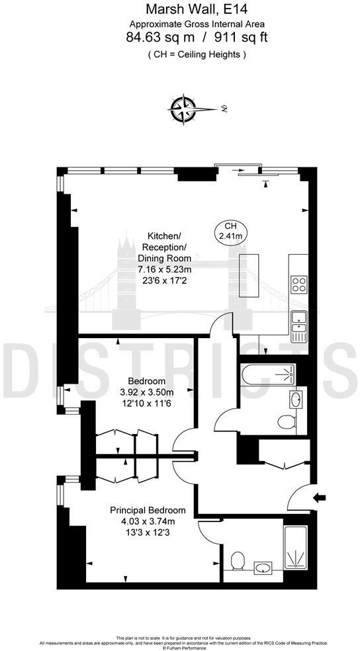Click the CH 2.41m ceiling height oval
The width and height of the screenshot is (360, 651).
pyautogui.click(x=230, y=231)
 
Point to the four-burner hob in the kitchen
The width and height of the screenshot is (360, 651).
pyautogui.click(x=299, y=283)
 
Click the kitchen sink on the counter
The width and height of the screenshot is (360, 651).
pyautogui.click(x=300, y=320)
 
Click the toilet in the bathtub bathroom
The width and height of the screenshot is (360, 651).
pyautogui.click(x=286, y=421)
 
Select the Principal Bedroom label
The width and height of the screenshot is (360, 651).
pyautogui.click(x=148, y=510)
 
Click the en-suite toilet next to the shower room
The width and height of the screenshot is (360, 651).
pyautogui.click(x=238, y=561)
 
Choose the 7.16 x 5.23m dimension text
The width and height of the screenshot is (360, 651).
pyautogui.click(x=164, y=269)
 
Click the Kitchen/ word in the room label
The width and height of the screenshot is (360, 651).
pyautogui.click(x=164, y=236)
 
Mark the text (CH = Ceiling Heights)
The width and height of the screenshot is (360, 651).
pyautogui.click(x=196, y=54)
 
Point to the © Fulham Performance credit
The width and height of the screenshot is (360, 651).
pyautogui.click(x=180, y=647)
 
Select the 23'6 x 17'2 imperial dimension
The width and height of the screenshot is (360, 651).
pyautogui.click(x=164, y=280)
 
